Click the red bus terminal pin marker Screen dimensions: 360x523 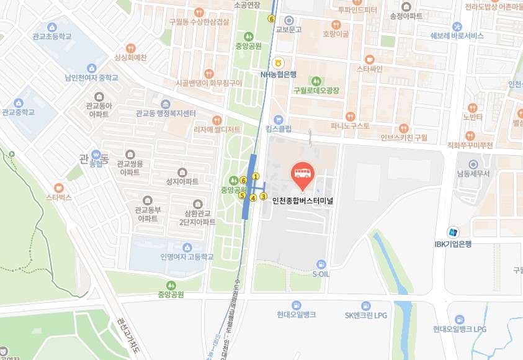click(302, 174)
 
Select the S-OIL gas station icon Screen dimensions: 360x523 click(320, 264)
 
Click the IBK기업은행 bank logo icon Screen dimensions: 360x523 click(454, 232)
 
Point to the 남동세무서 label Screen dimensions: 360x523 click(473, 173)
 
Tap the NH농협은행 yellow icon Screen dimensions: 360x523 click(279, 63)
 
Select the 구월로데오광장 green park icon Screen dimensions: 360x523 click(316, 81)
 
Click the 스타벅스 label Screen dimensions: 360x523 click(59, 197)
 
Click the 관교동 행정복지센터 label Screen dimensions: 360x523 click(166, 114)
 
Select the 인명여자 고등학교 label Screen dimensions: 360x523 click(186, 256)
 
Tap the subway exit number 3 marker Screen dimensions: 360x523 click(263, 197)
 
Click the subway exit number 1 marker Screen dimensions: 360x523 click(255, 176)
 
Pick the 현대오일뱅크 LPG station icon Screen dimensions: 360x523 click(459, 319)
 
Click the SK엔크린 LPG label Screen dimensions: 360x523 click(365, 315)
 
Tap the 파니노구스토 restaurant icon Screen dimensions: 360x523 click(350, 116)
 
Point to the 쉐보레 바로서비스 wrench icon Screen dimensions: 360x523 click(457, 26)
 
